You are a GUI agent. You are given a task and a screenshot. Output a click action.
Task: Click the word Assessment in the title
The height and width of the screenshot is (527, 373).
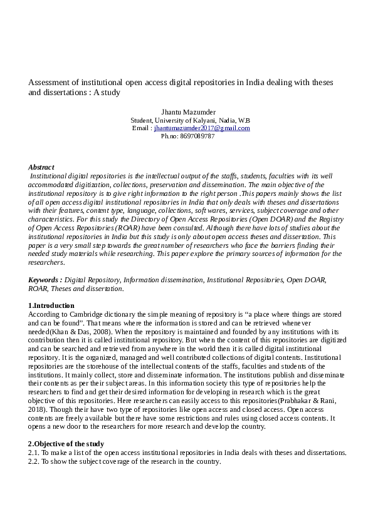pyautogui.click(x=48, y=82)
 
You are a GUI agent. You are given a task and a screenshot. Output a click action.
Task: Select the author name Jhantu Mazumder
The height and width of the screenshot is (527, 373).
pyautogui.click(x=187, y=112)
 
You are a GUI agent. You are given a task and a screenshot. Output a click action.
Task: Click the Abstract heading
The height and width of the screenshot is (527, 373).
pyautogui.click(x=41, y=167)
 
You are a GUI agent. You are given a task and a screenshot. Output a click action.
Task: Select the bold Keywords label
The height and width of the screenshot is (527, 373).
pyautogui.click(x=45, y=280)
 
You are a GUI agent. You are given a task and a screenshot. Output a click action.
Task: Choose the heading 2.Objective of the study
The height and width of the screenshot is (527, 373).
pyautogui.click(x=66, y=444)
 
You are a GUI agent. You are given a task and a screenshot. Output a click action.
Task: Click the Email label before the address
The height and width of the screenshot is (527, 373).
pyautogui.click(x=140, y=128)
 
